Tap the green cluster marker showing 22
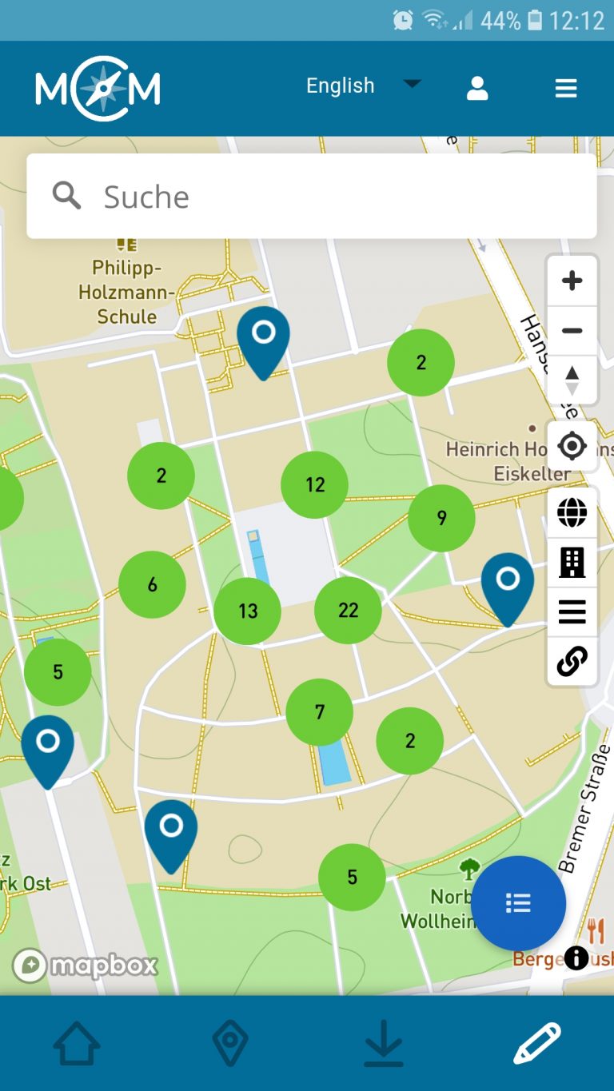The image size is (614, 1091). [x=348, y=611]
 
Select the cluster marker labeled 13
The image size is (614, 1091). [x=248, y=611]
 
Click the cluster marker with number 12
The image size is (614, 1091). [x=314, y=484]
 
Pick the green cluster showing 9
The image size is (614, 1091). [x=441, y=518]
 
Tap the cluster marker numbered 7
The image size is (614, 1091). [x=320, y=712]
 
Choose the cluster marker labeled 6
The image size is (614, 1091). [x=152, y=584]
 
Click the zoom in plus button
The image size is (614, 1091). [x=572, y=281]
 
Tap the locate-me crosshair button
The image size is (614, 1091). [x=572, y=446]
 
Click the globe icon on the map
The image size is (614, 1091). [x=572, y=512]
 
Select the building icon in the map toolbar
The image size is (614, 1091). [x=572, y=562]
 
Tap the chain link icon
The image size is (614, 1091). [x=572, y=661]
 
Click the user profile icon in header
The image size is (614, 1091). [x=477, y=88]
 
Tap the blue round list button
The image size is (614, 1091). [x=518, y=903]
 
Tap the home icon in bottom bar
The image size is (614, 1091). [x=77, y=1043]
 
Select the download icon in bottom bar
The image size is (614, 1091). [x=384, y=1043]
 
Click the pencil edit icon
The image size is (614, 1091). [x=536, y=1043]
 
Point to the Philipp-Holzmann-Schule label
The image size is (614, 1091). [x=126, y=292]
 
